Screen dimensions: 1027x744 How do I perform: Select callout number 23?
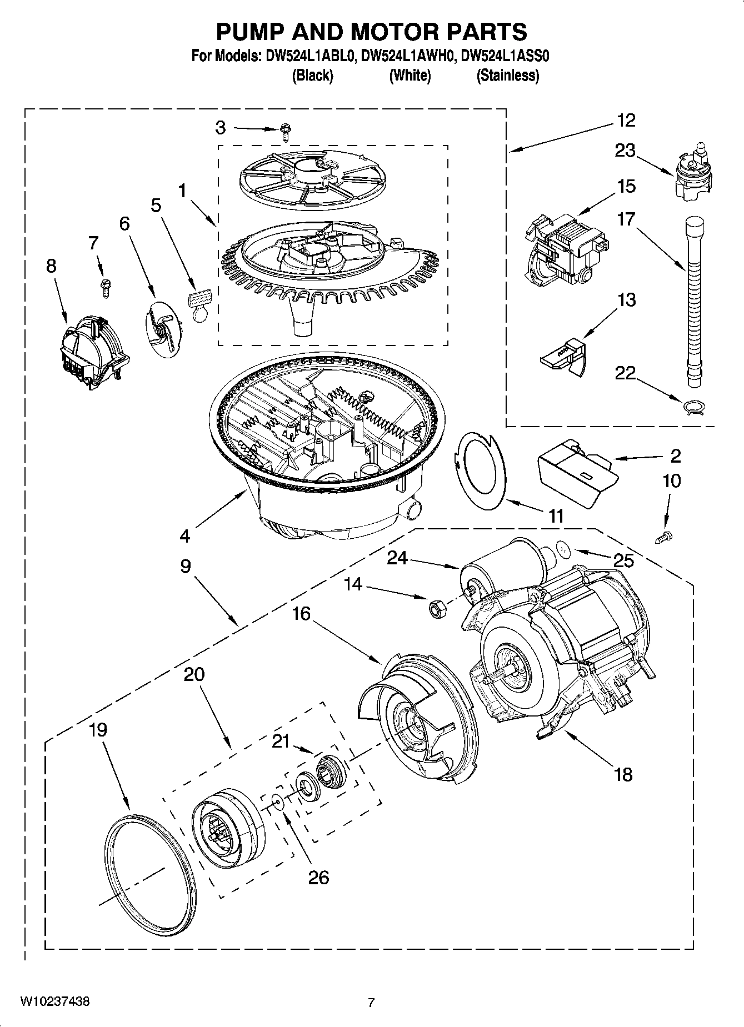point(625,151)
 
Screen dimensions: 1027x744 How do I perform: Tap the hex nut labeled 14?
point(435,609)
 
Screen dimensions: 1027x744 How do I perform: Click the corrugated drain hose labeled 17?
point(694,300)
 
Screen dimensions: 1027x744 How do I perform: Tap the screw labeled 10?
point(663,537)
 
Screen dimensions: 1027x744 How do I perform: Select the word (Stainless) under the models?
point(507,76)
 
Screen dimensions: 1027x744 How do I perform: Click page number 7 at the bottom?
point(371,1003)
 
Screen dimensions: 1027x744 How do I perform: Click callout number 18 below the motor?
point(623,774)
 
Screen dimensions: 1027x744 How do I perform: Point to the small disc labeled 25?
point(563,550)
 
